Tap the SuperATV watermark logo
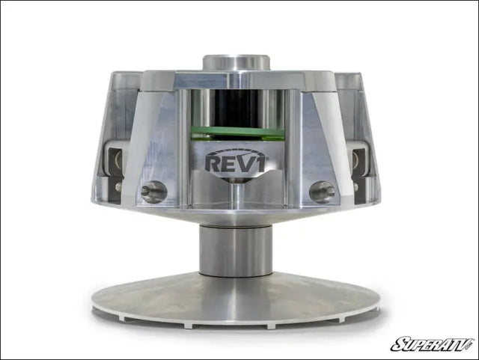pyautogui.click(x=432, y=345)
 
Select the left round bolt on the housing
pyautogui.click(x=154, y=192)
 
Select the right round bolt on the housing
pyautogui.click(x=322, y=192)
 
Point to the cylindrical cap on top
pyautogui.click(x=236, y=63)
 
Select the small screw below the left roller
pyautogui.click(x=118, y=186)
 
